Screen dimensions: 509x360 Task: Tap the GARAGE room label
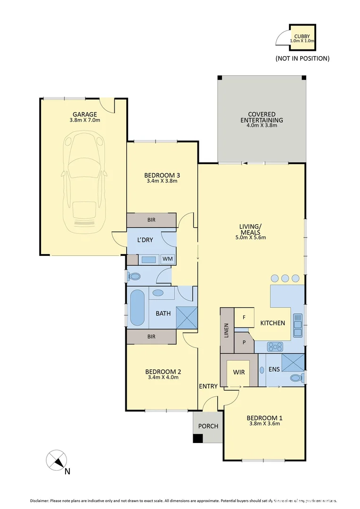(85, 114)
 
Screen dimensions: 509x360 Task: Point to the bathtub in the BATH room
(137, 308)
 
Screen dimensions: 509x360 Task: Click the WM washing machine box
(167, 259)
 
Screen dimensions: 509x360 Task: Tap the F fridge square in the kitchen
(244, 318)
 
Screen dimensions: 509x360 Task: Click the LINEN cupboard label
(227, 330)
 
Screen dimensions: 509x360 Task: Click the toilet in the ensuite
(296, 378)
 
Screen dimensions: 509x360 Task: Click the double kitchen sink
(298, 326)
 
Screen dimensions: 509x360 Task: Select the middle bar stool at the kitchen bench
(285, 278)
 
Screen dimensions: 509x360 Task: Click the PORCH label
(208, 426)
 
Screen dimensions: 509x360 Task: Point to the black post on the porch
(198, 438)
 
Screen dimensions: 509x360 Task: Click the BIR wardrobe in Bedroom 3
(151, 220)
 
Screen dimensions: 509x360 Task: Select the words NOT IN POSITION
(302, 58)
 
